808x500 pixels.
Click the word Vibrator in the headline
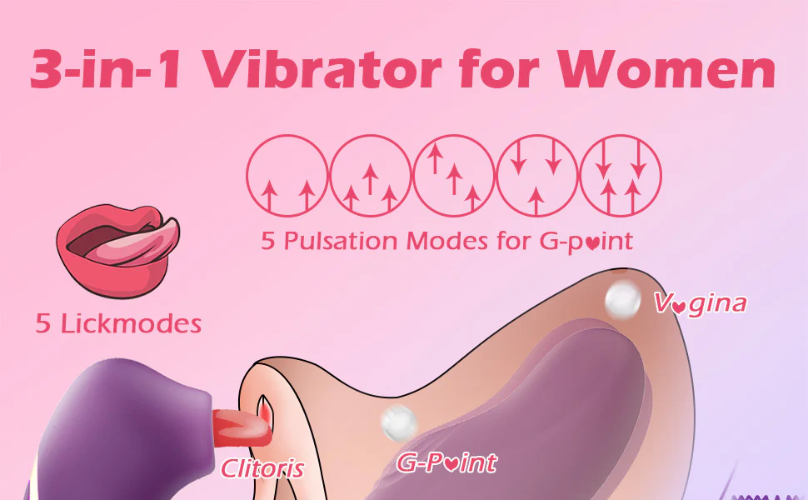click(323, 69)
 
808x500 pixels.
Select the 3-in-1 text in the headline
click(105, 69)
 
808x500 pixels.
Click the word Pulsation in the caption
click(341, 241)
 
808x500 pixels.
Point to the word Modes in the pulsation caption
click(446, 241)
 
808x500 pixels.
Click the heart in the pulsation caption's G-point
click(592, 242)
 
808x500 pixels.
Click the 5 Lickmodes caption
click(118, 323)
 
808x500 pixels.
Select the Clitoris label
click(262, 468)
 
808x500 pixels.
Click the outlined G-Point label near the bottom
click(446, 462)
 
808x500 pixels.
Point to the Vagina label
click(701, 303)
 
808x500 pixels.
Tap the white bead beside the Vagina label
click(622, 301)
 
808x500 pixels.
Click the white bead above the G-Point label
click(399, 422)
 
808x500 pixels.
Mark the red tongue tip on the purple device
click(242, 427)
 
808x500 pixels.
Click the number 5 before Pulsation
click(268, 241)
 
